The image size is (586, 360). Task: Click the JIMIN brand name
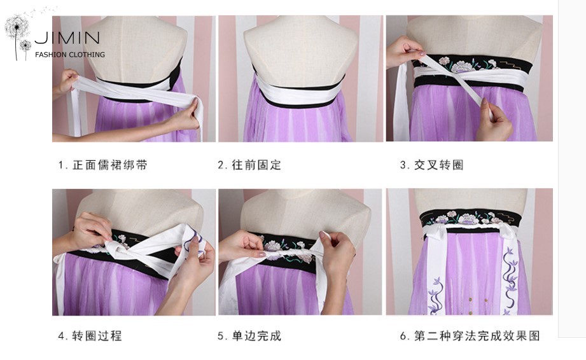(67, 38)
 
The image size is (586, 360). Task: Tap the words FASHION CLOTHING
(70, 55)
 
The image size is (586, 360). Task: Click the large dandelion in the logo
(17, 30)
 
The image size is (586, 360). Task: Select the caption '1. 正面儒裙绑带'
(103, 165)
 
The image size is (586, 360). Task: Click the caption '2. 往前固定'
(249, 165)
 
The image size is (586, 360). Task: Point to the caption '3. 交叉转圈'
(431, 165)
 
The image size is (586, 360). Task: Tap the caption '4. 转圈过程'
(90, 336)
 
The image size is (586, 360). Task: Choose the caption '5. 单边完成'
(249, 336)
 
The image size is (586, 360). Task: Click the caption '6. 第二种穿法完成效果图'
(470, 336)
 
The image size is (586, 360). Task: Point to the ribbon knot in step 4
(115, 249)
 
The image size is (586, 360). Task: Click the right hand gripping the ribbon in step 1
(184, 115)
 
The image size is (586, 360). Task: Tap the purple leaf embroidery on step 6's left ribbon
(436, 296)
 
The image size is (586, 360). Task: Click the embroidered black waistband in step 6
(470, 218)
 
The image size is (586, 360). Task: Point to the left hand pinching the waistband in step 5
(243, 246)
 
